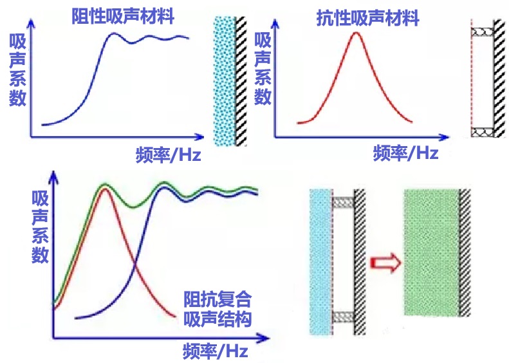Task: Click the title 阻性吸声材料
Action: click(123, 16)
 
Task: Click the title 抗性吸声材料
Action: click(368, 18)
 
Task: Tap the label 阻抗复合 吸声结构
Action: click(217, 309)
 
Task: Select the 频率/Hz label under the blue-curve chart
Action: click(169, 154)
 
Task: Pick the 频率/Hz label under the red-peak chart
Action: click(406, 153)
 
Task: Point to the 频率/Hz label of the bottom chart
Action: click(216, 351)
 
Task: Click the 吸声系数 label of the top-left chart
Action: click(17, 70)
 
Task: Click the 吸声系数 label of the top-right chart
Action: click(263, 68)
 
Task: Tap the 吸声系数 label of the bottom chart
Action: click(41, 227)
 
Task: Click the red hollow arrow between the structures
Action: click(385, 263)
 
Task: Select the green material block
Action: click(432, 252)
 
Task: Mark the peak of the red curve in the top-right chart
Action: click(356, 32)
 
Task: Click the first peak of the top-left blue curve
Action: click(114, 33)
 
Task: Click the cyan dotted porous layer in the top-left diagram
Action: click(225, 81)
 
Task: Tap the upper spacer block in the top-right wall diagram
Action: click(483, 32)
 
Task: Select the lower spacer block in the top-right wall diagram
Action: click(483, 132)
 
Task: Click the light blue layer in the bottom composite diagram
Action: click(320, 262)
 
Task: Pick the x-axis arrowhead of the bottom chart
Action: click(264, 339)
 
